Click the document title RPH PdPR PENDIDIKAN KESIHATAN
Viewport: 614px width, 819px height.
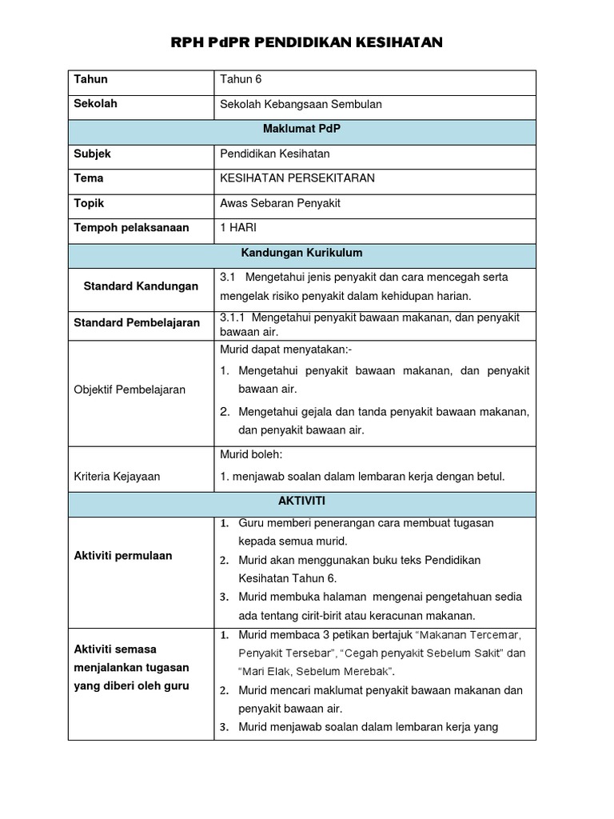point(307,42)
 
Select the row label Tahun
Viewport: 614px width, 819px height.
point(90,79)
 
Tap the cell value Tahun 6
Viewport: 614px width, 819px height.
point(241,79)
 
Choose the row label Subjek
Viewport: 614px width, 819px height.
point(92,154)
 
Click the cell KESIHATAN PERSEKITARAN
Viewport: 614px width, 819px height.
point(297,178)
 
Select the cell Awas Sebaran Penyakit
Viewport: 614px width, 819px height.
point(280,203)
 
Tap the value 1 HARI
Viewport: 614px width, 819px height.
point(238,228)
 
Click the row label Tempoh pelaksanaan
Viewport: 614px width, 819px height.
point(131,228)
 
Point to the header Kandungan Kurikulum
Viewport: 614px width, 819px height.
point(302,253)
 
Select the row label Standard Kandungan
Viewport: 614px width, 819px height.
point(141,286)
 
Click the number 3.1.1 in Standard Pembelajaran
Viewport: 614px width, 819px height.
point(235,318)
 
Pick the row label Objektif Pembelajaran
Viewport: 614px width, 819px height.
point(130,390)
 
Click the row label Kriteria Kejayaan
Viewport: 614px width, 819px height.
point(117,477)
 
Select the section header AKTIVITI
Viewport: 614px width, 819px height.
point(302,501)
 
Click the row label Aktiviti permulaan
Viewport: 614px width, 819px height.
point(122,556)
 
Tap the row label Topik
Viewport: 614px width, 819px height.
point(89,203)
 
